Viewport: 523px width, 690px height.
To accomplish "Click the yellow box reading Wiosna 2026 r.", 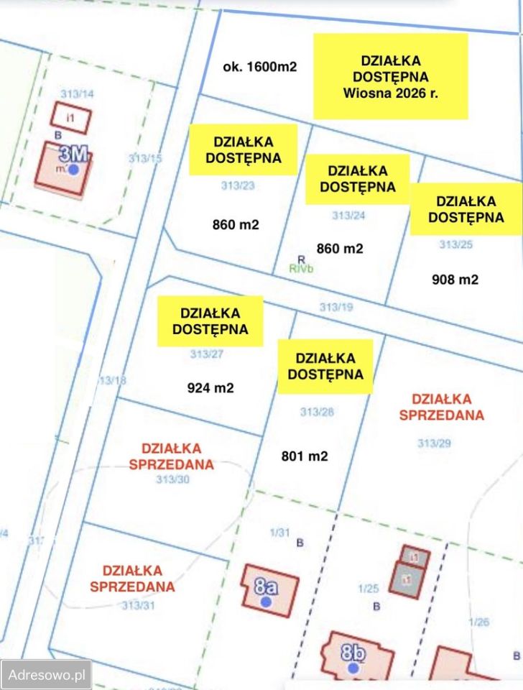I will (x=390, y=76).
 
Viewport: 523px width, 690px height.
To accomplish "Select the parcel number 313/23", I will (x=238, y=185).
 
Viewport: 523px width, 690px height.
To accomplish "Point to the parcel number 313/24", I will (x=348, y=215).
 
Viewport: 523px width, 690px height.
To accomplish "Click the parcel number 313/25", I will (x=456, y=244).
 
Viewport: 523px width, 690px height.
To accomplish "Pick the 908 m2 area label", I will (x=455, y=280).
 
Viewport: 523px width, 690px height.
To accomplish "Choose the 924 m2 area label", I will (x=210, y=388).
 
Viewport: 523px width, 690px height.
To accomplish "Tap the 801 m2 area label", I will (x=305, y=456).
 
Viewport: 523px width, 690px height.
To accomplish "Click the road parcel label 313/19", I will (x=336, y=307).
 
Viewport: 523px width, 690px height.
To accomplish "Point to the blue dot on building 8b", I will (x=353, y=668).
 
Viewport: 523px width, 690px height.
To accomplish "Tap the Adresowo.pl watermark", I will (x=47, y=675).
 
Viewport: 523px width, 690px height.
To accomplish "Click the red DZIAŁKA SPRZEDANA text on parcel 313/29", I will (x=442, y=407).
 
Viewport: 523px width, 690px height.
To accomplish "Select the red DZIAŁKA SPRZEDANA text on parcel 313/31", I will (x=132, y=578).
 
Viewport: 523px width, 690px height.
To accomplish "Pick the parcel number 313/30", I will (x=172, y=479).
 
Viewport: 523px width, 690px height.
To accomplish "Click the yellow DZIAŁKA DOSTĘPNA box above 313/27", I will (x=210, y=321).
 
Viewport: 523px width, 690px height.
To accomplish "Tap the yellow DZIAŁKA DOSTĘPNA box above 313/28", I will (x=325, y=366).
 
